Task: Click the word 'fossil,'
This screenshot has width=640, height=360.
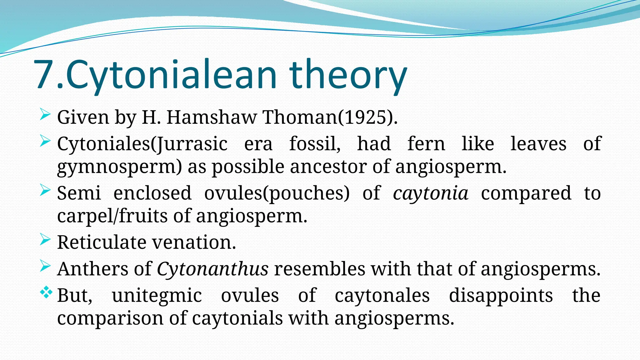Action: tap(315, 144)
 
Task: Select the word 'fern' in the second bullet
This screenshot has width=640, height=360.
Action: tap(426, 144)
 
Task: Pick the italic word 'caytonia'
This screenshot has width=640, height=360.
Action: tap(431, 193)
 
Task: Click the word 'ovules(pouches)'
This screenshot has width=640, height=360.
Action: tap(277, 193)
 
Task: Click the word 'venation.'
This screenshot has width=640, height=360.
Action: tap(194, 242)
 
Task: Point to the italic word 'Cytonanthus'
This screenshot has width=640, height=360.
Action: tap(212, 269)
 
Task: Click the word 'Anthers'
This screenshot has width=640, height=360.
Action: tap(92, 269)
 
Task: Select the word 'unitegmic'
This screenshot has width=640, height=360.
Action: tap(157, 295)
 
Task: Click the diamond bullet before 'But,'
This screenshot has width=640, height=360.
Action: tap(46, 292)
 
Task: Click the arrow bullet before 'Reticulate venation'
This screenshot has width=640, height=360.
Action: tap(45, 240)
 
